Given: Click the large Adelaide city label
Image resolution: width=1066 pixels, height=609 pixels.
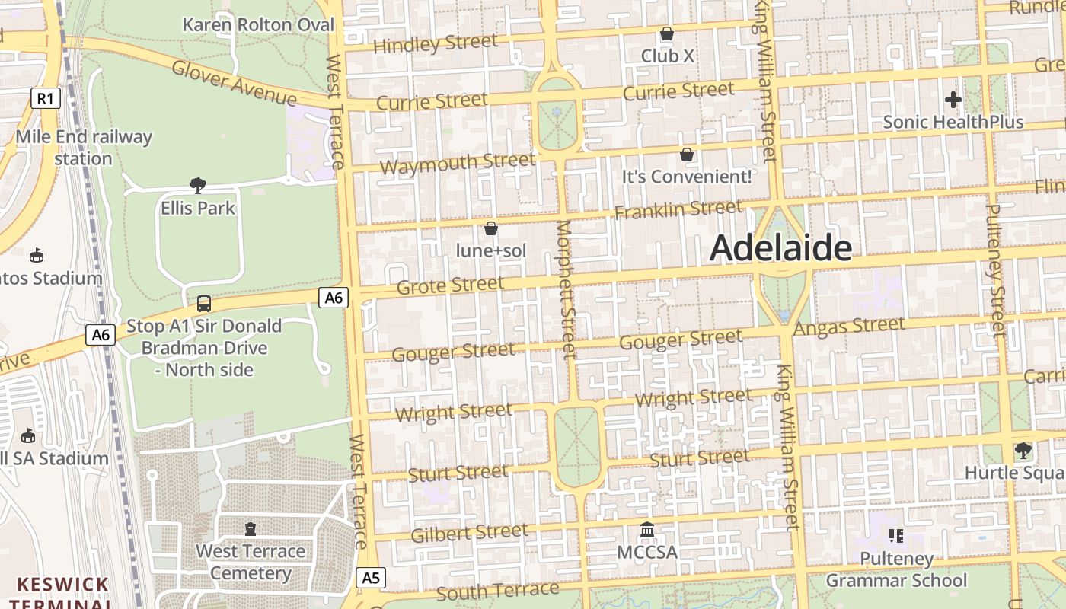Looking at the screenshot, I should coord(780,248).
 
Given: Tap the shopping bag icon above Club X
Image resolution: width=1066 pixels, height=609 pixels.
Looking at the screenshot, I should coord(667,33).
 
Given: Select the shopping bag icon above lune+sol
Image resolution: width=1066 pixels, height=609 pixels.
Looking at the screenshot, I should coord(491,228).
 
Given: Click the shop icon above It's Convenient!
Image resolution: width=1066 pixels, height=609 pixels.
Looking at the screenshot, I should coord(687,155).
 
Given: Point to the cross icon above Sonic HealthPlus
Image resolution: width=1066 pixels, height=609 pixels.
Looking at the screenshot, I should coord(953,99).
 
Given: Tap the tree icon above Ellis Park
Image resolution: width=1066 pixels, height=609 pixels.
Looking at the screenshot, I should coord(198,185).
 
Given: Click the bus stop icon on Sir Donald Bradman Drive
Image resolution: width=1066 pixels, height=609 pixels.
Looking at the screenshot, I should coord(204,303).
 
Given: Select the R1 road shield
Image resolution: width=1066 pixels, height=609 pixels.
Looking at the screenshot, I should coord(46,97).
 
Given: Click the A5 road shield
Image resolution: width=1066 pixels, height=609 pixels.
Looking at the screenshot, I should coord(370,578).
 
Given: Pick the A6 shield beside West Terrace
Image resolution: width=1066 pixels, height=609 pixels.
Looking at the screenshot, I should coord(334,298).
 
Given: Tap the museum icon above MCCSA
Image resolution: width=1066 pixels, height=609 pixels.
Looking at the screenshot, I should coord(647,529).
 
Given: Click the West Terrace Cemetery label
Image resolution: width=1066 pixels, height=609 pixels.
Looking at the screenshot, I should coord(251,562).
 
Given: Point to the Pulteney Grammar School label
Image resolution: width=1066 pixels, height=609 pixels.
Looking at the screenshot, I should coord(896,569).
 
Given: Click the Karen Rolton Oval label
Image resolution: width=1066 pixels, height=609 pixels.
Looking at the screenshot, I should coord(258,25).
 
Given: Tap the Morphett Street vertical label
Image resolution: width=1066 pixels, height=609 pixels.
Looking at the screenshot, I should coord(566,289).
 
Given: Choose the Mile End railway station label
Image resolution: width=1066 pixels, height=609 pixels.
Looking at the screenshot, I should coord(84,148).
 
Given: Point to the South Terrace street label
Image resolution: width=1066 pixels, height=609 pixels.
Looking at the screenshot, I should coord(497,591).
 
